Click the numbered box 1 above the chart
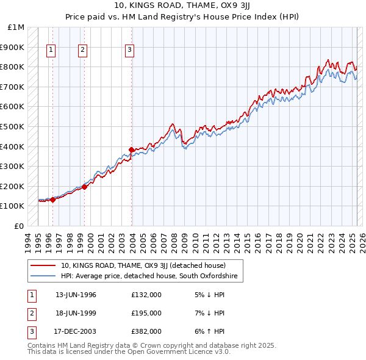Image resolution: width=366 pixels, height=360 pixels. pos(51,51)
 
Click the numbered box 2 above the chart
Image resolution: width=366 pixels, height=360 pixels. pos(82,51)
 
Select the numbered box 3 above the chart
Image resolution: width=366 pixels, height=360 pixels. pos(130,51)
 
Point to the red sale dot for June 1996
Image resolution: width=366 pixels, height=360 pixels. pos(52,199)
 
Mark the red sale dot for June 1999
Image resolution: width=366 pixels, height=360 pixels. pos(84,187)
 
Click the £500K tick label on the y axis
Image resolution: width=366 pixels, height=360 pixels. pos(12,126)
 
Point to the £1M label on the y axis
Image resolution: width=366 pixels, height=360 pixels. pos(16,27)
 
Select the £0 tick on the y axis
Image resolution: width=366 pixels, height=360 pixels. pos(20,226)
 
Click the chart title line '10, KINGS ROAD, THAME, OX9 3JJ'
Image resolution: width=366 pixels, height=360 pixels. pos(183,6)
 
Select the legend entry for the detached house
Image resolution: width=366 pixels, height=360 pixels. pos(143,265)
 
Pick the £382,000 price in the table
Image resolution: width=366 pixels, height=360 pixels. pos(146,331)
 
